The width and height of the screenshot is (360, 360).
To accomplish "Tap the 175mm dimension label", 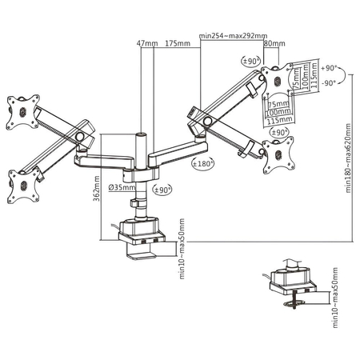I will [177, 43].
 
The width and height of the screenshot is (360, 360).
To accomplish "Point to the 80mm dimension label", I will [274, 43].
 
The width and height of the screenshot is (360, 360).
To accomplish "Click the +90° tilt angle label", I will [327, 70].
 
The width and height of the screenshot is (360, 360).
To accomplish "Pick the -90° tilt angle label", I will [327, 82].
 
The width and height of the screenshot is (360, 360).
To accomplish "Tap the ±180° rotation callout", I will [203, 163].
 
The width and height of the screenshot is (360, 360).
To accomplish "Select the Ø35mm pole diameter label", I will [122, 188].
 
